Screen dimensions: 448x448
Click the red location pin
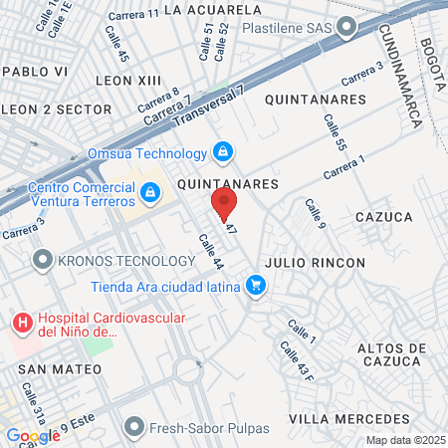click(224, 204)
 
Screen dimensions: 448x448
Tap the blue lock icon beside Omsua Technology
click(223, 152)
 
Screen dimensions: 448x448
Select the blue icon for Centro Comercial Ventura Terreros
click(149, 192)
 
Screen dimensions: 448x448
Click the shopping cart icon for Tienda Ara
click(257, 287)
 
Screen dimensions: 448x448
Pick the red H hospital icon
click(21, 324)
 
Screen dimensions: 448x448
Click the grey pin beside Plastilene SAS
click(346, 29)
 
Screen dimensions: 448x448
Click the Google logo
click(33, 435)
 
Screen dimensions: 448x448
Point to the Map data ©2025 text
click(405, 440)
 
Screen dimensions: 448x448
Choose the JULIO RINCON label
click(316, 263)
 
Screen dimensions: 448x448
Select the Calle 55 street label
click(334, 133)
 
